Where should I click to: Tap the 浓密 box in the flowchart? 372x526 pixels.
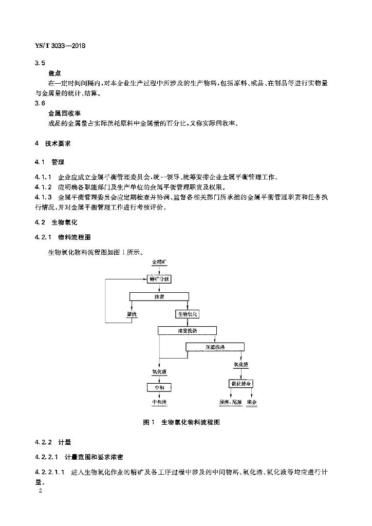pyautogui.click(x=160, y=296)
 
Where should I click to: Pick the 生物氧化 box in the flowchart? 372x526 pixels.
pyautogui.click(x=188, y=313)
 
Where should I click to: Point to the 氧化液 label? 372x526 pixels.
pyautogui.click(x=159, y=371)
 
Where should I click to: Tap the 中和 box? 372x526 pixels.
pyautogui.click(x=159, y=387)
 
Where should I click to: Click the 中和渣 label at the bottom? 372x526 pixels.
pyautogui.click(x=159, y=402)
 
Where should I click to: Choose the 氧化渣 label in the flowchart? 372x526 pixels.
pyautogui.click(x=241, y=365)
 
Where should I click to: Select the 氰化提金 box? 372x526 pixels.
pyautogui.click(x=241, y=384)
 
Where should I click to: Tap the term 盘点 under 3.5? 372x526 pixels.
pyautogui.click(x=55, y=73)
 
